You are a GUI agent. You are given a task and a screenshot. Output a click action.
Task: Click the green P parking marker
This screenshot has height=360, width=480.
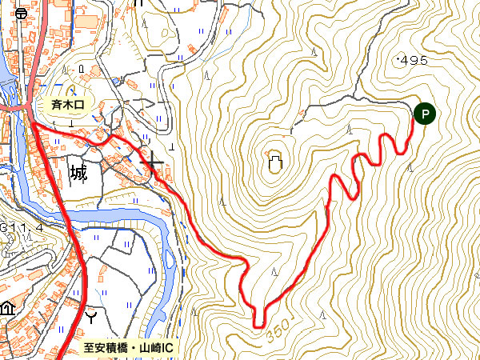pyautogui.click(x=425, y=114)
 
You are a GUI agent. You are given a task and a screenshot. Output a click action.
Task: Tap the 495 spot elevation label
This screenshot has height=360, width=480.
pyautogui.click(x=413, y=60)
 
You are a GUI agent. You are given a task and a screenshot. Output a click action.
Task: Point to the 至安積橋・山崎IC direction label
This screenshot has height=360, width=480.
pyautogui.click(x=129, y=349)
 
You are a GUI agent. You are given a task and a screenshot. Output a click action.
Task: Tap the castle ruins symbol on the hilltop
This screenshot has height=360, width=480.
pyautogui.click(x=274, y=164)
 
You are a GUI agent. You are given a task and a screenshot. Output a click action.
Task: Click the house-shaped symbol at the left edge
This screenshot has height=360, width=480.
pyautogui.click(x=6, y=307)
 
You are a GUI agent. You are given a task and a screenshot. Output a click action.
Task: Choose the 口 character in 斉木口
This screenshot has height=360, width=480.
pyautogui.click(x=87, y=102)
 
